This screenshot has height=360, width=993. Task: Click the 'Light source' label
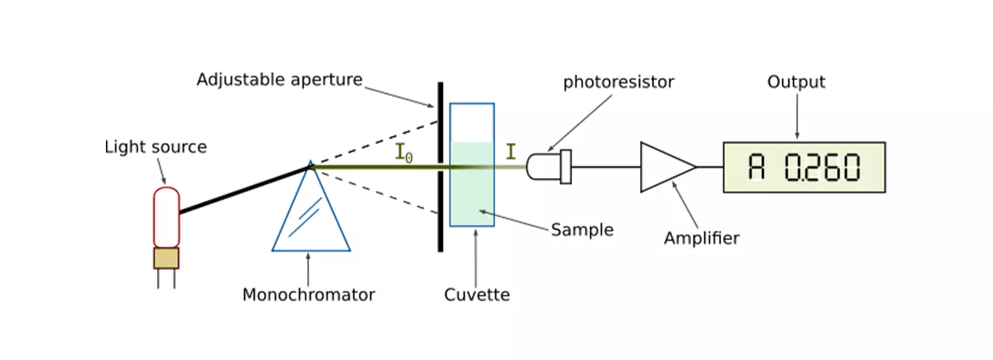coord(156,147)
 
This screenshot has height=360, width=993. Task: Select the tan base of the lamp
coord(166,258)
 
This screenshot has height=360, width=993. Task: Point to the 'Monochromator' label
coord(308,294)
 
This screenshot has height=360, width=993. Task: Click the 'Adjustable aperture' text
coord(279,80)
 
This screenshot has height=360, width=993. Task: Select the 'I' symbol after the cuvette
coord(510,152)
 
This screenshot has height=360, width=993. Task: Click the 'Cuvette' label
coord(477,294)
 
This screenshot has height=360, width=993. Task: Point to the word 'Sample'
coord(582,230)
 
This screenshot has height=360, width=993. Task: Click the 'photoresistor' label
coord(618,83)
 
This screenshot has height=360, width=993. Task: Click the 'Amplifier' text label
coord(701,238)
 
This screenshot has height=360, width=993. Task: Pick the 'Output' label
coord(796,82)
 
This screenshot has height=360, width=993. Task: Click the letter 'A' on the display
coord(757,167)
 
